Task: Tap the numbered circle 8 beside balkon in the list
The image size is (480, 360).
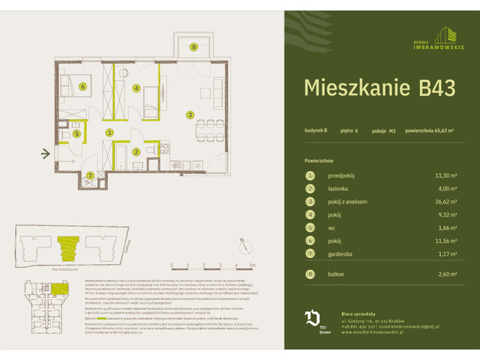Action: click(x=308, y=274)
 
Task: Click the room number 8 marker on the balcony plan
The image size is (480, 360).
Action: click(x=193, y=47)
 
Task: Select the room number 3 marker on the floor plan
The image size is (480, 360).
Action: click(x=190, y=115)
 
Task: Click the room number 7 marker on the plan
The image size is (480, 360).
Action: click(x=90, y=175)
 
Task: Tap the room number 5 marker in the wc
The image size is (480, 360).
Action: click(x=77, y=133)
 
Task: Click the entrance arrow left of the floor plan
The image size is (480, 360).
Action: click(x=46, y=154)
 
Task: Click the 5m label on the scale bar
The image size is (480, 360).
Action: click(x=253, y=265)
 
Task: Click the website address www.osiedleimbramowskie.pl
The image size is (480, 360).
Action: click(x=373, y=332)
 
